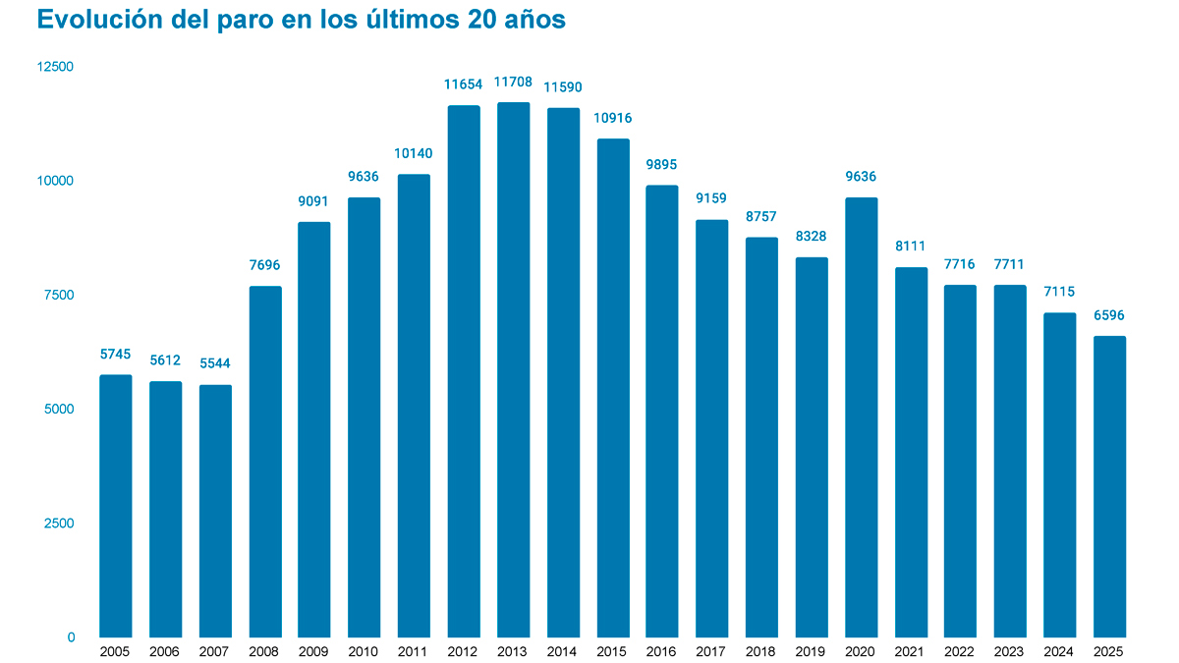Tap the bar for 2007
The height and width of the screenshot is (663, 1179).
pos(215,511)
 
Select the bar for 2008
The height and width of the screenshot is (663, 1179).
pos(265,462)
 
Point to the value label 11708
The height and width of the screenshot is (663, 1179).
pos(514,83)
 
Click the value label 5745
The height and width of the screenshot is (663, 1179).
pos(116,354)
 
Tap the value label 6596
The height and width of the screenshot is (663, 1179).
pos(1109,315)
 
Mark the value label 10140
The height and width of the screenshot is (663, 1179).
pos(414,153)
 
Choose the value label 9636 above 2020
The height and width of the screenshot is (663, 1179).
pos(861,177)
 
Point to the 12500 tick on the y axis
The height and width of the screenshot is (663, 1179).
pos(55,67)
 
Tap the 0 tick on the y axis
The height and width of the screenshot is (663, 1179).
pos(71,637)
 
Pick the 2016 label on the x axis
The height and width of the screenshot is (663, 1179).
pos(662,651)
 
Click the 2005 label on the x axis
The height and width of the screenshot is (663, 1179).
pos(116,651)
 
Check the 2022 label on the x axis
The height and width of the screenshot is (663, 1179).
pos(961,651)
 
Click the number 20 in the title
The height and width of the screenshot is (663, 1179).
pos(482,21)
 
